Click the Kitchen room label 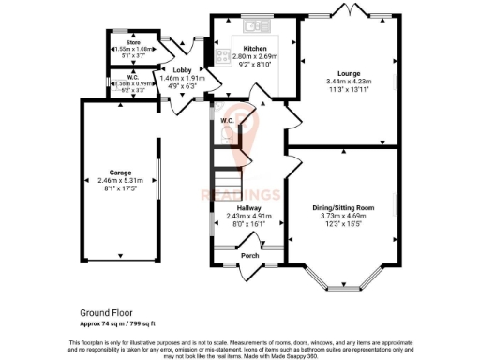coord(255,49)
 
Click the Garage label coord(119,173)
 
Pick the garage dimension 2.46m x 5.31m coord(119,182)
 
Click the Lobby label coord(183,70)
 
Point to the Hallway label coord(248,208)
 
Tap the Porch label coord(249,255)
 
